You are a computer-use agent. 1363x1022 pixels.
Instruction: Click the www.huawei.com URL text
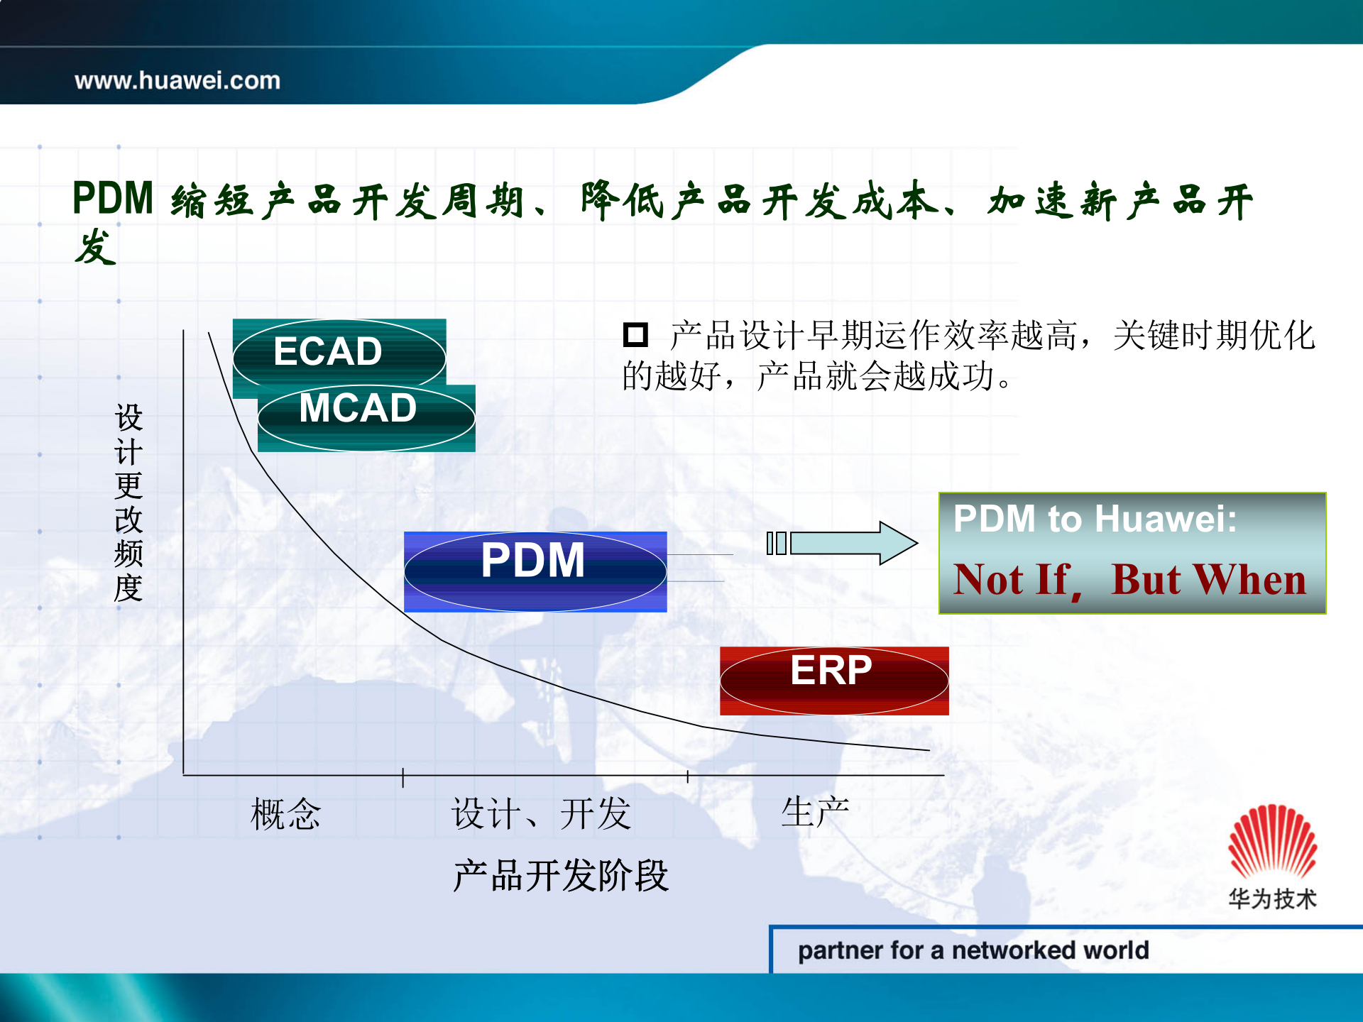[177, 80]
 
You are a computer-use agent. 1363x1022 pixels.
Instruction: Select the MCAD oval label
[358, 409]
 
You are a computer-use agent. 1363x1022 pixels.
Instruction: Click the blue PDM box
[534, 570]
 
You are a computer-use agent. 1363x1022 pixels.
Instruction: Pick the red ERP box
[833, 679]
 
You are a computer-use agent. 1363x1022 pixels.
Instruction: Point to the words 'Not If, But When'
[1129, 579]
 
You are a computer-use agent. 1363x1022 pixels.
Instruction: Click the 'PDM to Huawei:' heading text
[1094, 519]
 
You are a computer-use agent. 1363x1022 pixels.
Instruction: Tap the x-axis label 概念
[285, 813]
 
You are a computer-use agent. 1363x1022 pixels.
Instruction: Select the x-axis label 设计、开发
[541, 813]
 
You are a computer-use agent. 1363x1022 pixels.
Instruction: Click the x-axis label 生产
[815, 811]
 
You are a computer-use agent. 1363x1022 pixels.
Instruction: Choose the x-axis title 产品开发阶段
[561, 875]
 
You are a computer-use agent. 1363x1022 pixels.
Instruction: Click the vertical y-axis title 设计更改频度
[128, 502]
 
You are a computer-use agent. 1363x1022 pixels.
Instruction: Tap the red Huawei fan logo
[1272, 842]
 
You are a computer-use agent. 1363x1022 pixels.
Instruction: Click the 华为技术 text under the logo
[1272, 899]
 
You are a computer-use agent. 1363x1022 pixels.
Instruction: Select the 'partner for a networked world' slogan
[973, 950]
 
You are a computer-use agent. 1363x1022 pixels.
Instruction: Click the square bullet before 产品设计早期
[635, 334]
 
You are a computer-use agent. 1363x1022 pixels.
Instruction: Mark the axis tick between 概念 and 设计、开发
[403, 776]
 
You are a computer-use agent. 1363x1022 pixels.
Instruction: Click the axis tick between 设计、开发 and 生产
[687, 776]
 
